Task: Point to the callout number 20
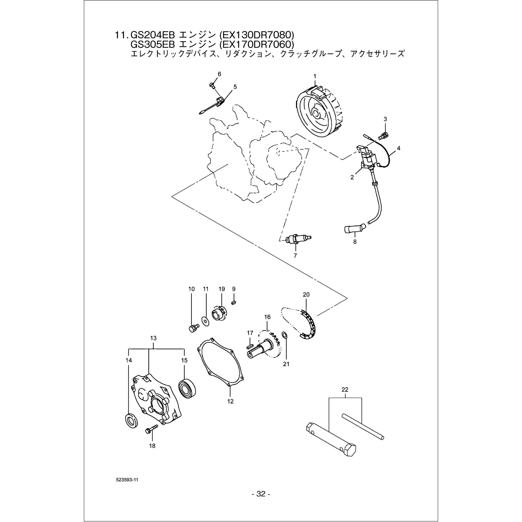click(x=306, y=295)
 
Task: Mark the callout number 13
click(x=153, y=338)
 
